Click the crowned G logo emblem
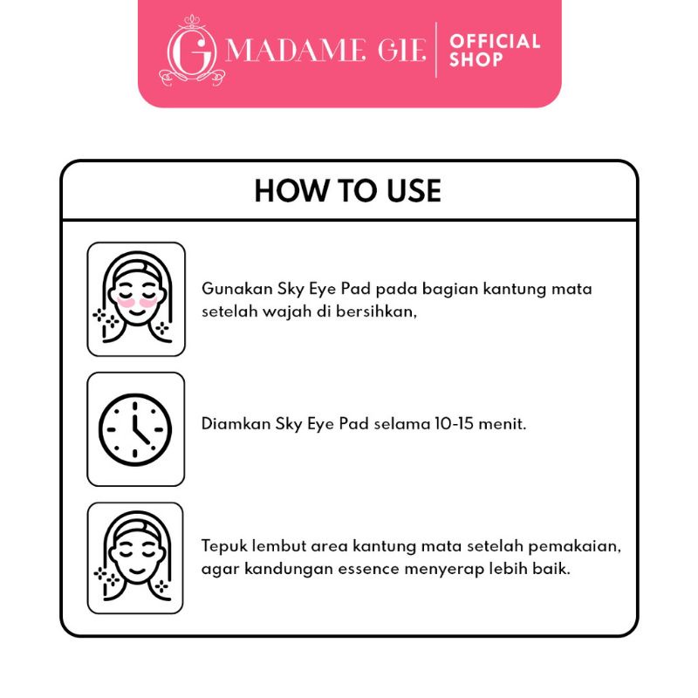(192, 51)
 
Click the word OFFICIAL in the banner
(495, 41)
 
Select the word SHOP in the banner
(476, 59)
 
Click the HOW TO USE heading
(347, 191)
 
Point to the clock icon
(135, 429)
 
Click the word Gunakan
(237, 289)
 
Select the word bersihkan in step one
(376, 311)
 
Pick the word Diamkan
(236, 423)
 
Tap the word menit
(503, 424)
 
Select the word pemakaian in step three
(574, 547)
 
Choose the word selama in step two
(402, 423)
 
